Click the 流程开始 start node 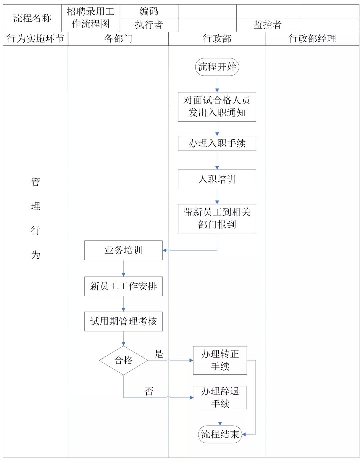click(217, 67)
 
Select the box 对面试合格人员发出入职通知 click(217, 107)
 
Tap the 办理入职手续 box click(217, 144)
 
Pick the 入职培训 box click(217, 179)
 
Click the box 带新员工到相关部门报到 click(217, 219)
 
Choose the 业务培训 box click(123, 250)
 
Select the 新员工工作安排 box click(123, 286)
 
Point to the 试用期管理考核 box click(123, 321)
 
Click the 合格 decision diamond click(123, 360)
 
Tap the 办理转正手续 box click(220, 360)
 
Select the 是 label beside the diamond click(159, 354)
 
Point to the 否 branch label click(149, 391)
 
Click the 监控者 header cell click(268, 25)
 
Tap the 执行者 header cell click(149, 25)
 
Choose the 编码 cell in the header click(149, 11)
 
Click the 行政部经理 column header click(312, 39)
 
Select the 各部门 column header click(118, 39)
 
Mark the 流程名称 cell click(32, 18)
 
